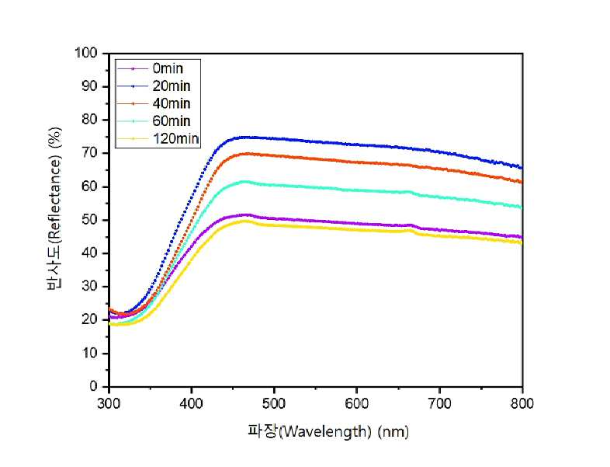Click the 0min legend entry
[168, 68]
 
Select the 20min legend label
[172, 86]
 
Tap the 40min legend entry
[172, 103]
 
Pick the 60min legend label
[172, 121]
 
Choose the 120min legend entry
[176, 138]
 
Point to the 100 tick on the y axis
[85, 53]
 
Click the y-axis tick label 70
[89, 153]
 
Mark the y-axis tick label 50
[89, 220]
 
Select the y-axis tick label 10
[89, 353]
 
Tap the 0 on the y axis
[93, 386]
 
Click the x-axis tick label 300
[109, 403]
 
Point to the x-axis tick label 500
[274, 403]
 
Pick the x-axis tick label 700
[439, 403]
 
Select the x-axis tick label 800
[522, 403]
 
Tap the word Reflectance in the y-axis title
[54, 200]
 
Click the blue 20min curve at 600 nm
[356, 145]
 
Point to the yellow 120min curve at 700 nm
[439, 235]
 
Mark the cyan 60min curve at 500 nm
[274, 185]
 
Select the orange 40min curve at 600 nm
[356, 162]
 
